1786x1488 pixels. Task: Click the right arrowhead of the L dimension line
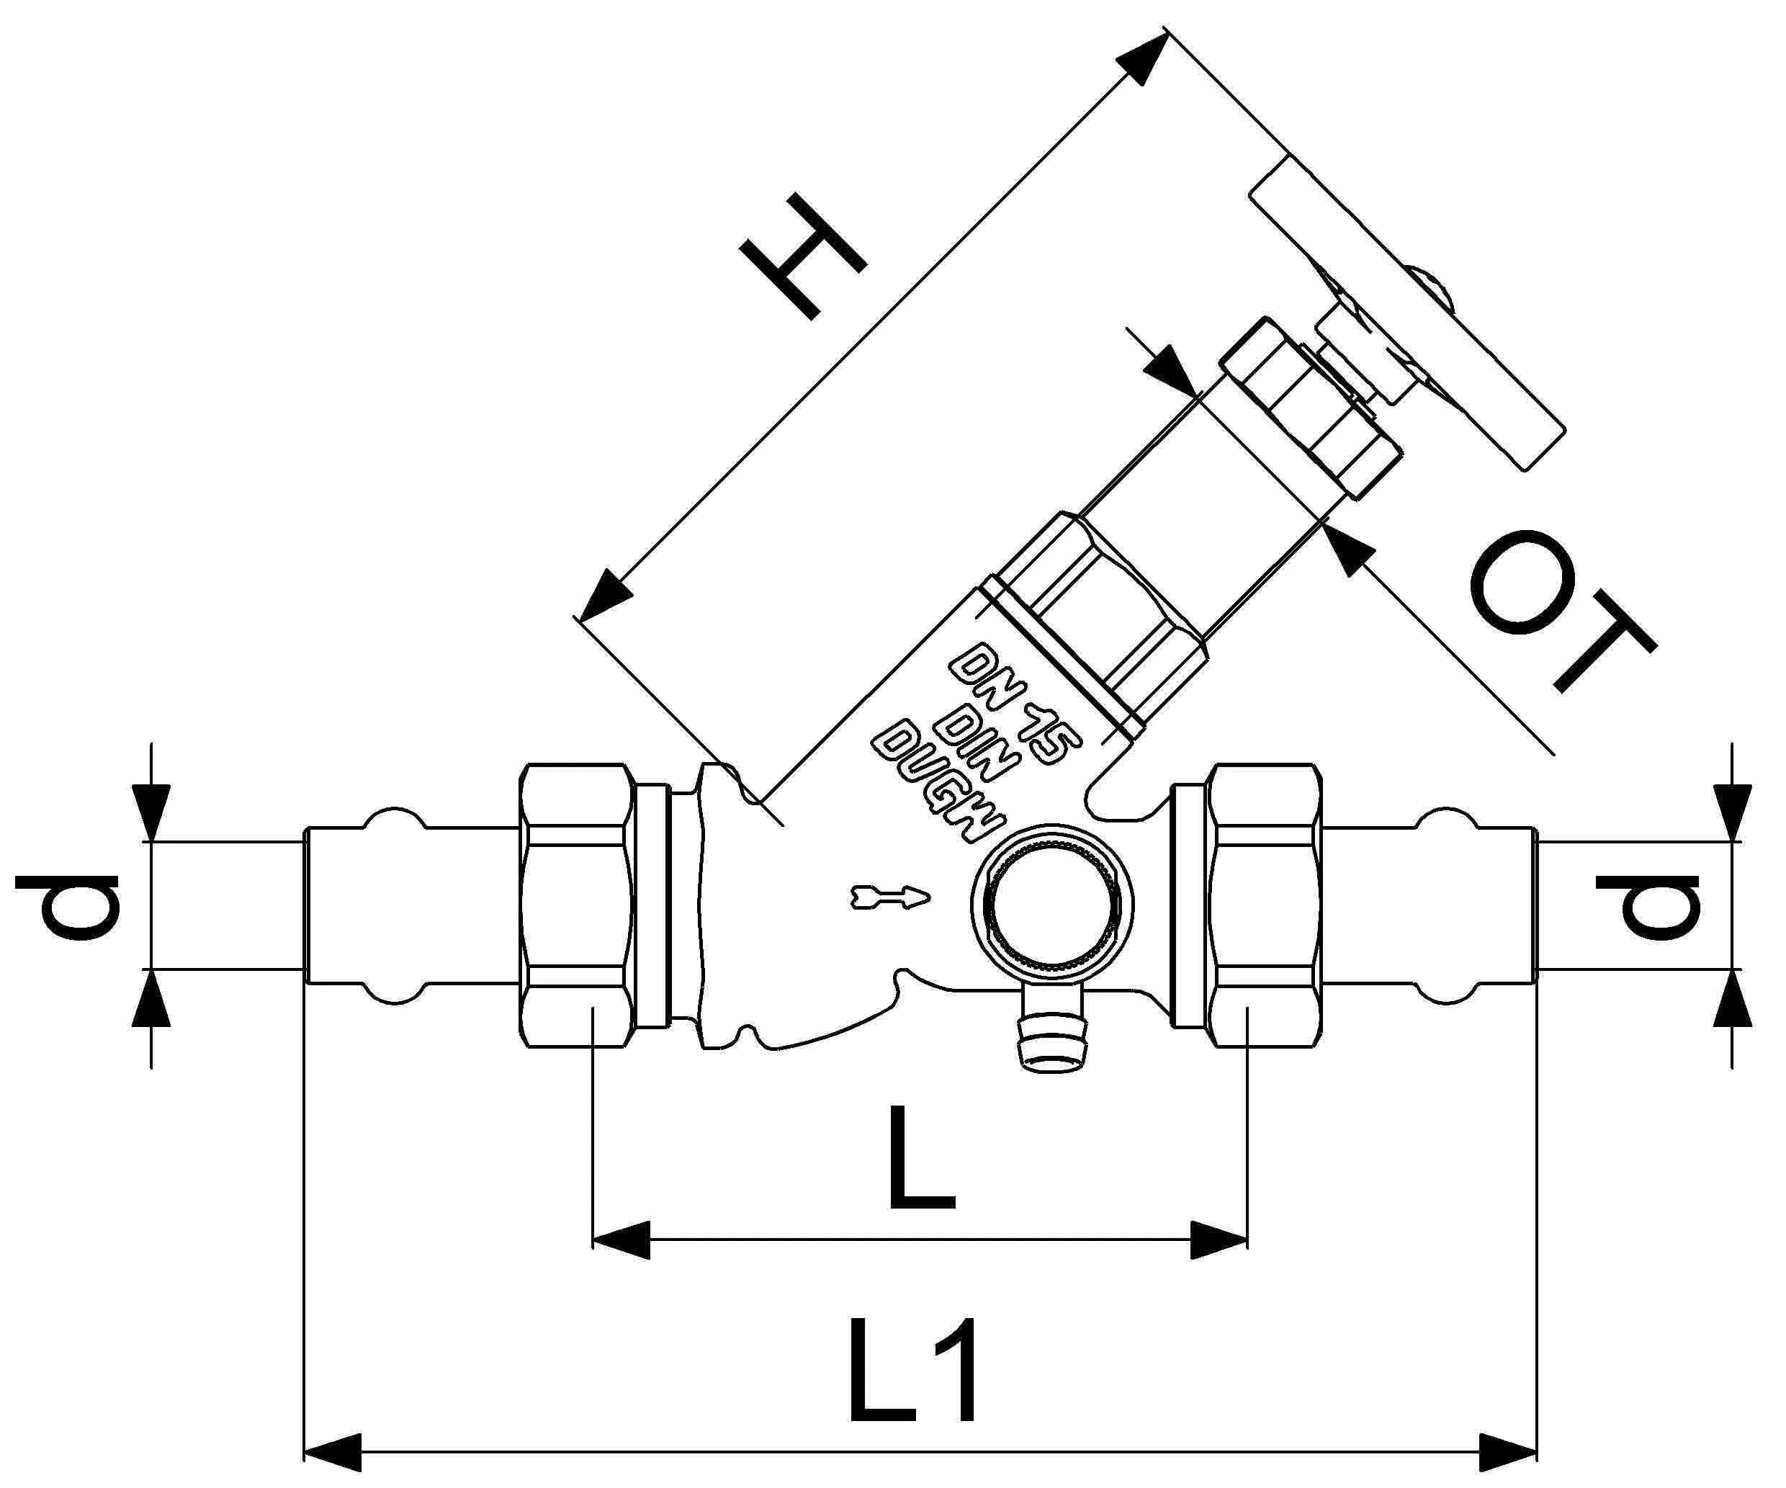coord(1218,1240)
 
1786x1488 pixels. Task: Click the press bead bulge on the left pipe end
coord(393,821)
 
